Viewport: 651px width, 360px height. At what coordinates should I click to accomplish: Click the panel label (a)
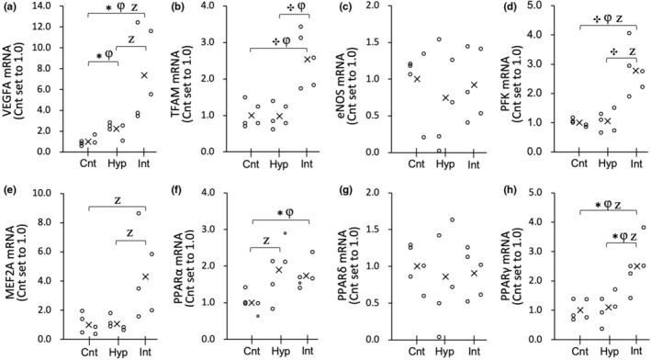[11, 8]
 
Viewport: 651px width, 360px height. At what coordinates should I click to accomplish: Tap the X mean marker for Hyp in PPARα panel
[280, 269]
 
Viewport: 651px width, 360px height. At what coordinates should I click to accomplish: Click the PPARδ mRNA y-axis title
[345, 264]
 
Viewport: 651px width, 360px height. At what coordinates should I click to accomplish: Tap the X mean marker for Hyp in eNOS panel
[444, 97]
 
